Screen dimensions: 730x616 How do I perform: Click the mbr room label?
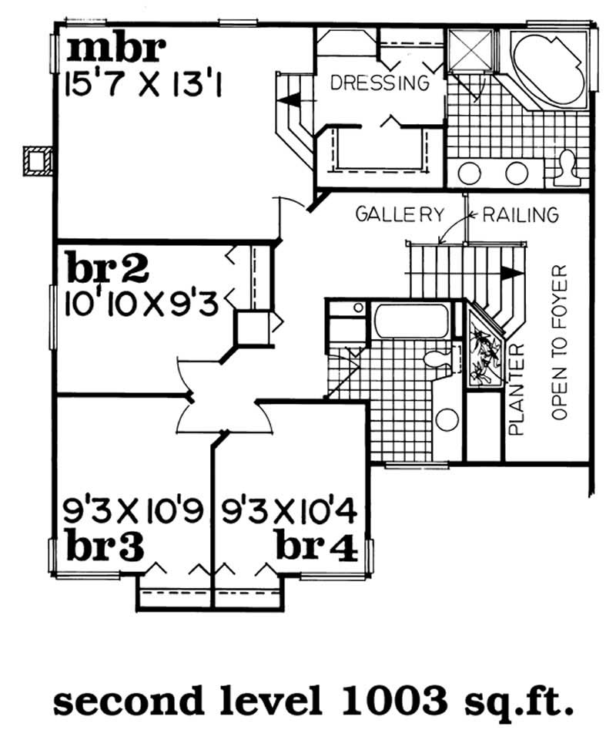click(115, 48)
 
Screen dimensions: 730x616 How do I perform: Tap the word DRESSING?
click(379, 82)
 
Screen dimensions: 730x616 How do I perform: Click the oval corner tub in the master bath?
click(549, 69)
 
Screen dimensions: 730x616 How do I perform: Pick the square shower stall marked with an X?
click(470, 51)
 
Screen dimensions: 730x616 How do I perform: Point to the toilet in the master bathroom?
click(567, 167)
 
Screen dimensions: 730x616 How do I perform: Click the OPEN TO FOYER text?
click(560, 343)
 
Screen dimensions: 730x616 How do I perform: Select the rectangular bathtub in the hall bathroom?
click(411, 321)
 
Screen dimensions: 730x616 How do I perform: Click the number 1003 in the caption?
click(388, 701)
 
